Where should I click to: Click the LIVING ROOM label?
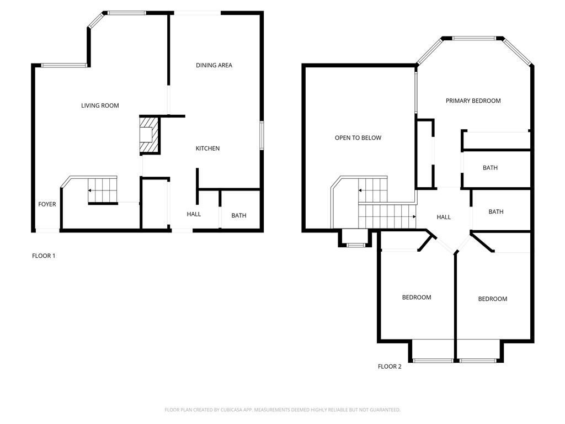100,105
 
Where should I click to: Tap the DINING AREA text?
214,65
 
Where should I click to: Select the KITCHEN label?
207,148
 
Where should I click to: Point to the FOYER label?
47,204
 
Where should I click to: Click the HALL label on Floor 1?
194,214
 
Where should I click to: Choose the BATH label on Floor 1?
239,216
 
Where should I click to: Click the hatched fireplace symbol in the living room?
149,135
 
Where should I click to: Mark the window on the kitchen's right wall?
262,136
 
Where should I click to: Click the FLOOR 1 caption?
44,256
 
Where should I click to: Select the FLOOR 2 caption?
390,367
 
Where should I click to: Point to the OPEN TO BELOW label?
358,137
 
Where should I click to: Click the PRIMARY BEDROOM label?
473,101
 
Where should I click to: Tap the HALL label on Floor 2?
444,217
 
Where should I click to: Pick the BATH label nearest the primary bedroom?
490,168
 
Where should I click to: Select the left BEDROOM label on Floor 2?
417,298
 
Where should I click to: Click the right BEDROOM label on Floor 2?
493,299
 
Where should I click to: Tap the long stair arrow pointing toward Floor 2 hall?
387,216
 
